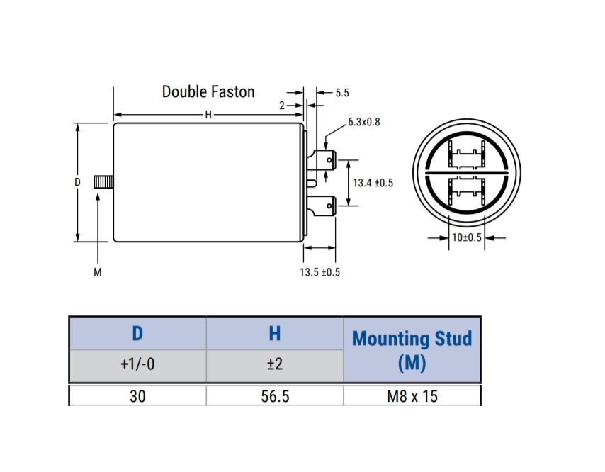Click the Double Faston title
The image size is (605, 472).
point(208,91)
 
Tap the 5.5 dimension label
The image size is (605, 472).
point(342,92)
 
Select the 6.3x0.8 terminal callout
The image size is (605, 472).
point(364,122)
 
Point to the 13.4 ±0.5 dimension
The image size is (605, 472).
point(373,183)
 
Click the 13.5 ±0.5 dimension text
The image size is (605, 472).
point(320,273)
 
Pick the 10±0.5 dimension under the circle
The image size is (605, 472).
point(466,237)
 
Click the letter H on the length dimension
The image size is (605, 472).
point(208,115)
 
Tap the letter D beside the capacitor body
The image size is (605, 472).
point(77,182)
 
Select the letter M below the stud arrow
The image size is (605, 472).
point(97,273)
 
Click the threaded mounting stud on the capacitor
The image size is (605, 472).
point(104,182)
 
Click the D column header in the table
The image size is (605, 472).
point(137,333)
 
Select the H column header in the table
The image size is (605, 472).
point(275,333)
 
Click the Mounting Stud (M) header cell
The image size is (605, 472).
point(412,350)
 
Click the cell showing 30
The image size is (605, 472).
point(137,395)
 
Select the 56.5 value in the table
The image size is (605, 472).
point(275,395)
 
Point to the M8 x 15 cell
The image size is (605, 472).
point(412,395)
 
